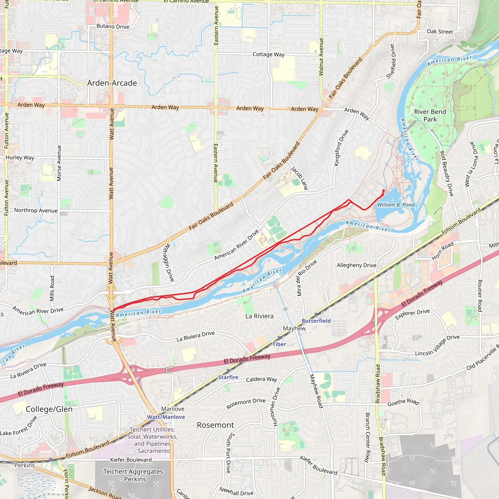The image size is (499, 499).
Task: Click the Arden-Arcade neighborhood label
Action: (x=112, y=83)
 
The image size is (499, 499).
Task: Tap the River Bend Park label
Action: (x=430, y=115)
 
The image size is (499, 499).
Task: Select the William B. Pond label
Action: (x=396, y=205)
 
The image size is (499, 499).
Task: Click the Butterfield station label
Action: (x=316, y=321)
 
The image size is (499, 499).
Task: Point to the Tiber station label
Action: (x=279, y=344)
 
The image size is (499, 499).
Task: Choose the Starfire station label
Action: (x=228, y=377)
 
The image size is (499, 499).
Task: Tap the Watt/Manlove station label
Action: (x=166, y=417)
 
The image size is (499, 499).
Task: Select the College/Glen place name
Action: (x=49, y=409)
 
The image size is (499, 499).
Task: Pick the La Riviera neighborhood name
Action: (x=259, y=316)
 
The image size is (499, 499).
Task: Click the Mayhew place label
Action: (x=294, y=328)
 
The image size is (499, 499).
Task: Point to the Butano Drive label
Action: (x=113, y=27)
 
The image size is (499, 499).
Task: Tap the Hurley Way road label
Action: (x=20, y=158)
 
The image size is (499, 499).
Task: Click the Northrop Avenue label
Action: (x=36, y=211)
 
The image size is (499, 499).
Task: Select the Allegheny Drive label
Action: (x=356, y=265)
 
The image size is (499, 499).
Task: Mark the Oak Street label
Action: (x=440, y=31)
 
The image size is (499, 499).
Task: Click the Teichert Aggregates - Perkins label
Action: (x=133, y=475)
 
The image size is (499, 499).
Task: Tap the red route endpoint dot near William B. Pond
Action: (x=384, y=191)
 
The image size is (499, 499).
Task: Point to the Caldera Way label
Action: (x=261, y=379)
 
